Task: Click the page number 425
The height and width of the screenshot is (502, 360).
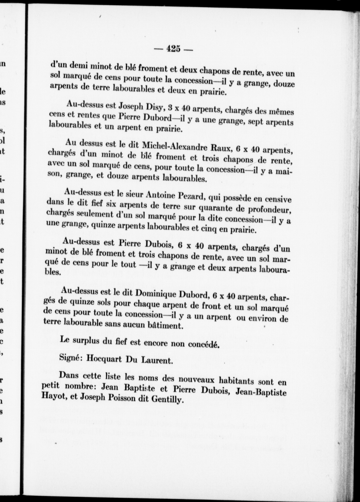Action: tap(173, 49)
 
